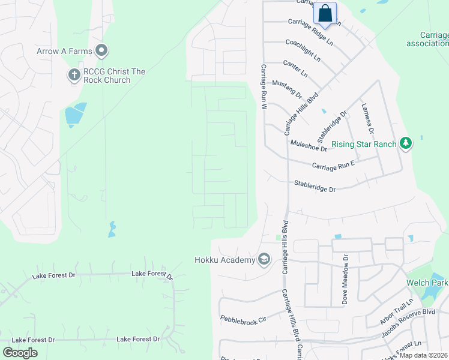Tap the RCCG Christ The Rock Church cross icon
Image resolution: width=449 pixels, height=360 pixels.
coord(74,76)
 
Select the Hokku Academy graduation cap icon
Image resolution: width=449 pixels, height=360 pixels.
coord(264,260)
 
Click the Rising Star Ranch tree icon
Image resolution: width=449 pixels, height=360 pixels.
coord(406,143)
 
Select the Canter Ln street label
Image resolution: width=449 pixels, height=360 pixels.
coord(295,68)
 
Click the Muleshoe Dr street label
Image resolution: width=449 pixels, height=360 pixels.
coord(309,145)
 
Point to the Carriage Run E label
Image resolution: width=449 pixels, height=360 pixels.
coord(333,164)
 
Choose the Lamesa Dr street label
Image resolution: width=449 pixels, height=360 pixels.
coord(367,118)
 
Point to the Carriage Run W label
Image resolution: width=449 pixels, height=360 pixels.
coord(263,86)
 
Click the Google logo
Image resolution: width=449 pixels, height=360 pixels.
coord(20,352)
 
